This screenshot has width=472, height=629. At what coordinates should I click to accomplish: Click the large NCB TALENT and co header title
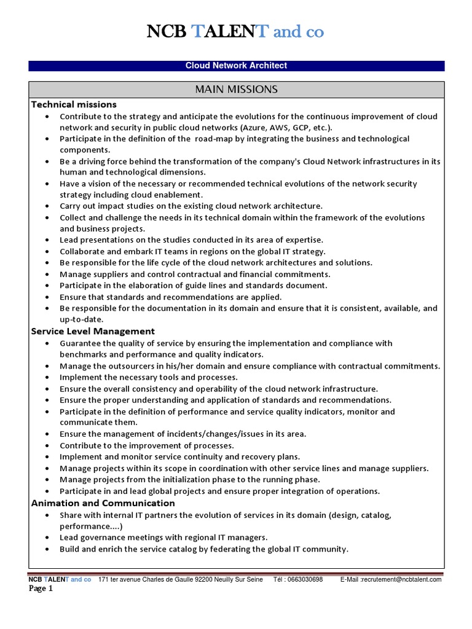235,32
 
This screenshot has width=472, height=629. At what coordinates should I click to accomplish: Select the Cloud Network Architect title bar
236,66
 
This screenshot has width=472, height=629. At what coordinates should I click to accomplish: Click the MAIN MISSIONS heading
236,90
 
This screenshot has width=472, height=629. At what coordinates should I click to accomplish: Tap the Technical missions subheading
74,104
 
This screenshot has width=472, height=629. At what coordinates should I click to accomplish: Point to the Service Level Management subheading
93,331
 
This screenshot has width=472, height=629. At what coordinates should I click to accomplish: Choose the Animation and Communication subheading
103,503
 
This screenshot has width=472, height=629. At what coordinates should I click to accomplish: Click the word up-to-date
82,319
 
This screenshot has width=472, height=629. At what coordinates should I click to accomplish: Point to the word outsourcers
134,366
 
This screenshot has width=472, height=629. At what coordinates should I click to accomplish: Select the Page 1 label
41,589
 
